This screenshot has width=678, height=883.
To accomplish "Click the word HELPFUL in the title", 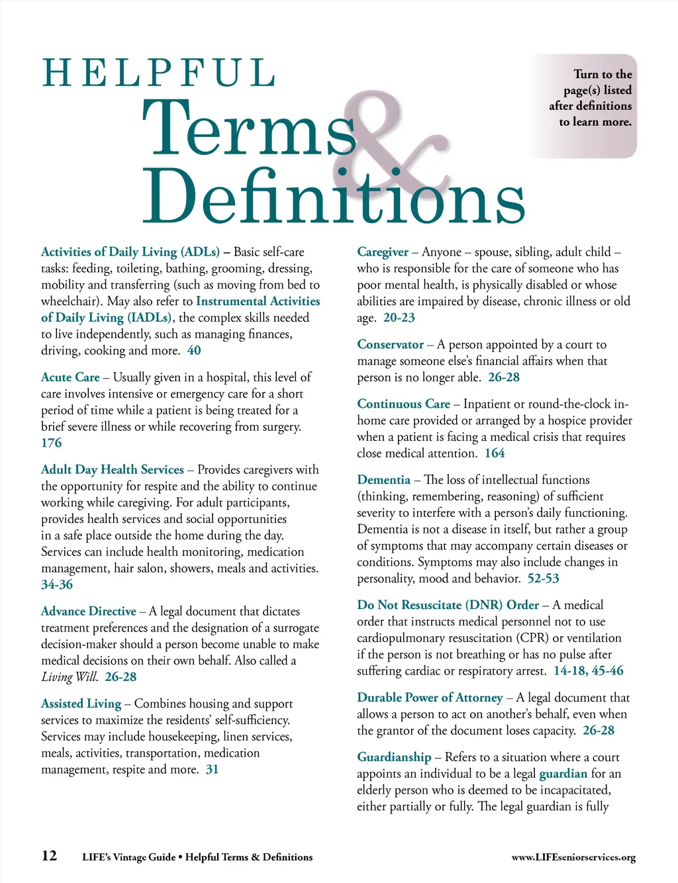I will [159, 73].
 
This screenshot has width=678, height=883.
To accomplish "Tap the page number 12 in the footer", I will [49, 856].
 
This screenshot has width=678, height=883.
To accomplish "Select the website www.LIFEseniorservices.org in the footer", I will [573, 857].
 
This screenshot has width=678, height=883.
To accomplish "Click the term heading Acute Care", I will [70, 377].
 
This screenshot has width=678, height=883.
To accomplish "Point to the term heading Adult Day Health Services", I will [113, 470].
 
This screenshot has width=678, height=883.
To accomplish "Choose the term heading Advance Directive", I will [89, 612].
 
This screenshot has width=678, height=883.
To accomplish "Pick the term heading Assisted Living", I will [81, 704].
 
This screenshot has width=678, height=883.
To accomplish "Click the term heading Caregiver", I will [383, 252].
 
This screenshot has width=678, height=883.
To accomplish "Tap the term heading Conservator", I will [390, 345].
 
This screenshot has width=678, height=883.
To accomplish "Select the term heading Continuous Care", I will [403, 404].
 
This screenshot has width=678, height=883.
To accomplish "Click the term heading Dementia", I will [384, 480].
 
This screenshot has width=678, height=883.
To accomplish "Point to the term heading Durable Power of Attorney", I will [430, 698].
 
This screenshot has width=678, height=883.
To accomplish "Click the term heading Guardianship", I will [394, 757].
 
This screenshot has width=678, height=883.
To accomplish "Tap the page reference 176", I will [51, 443].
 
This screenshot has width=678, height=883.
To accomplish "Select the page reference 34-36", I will [57, 584].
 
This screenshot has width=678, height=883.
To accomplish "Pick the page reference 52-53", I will [543, 579].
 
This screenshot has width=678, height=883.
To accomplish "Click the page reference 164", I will [495, 453].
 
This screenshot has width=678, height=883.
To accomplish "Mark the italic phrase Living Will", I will [70, 677].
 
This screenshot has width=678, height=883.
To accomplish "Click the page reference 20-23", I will [399, 318].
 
